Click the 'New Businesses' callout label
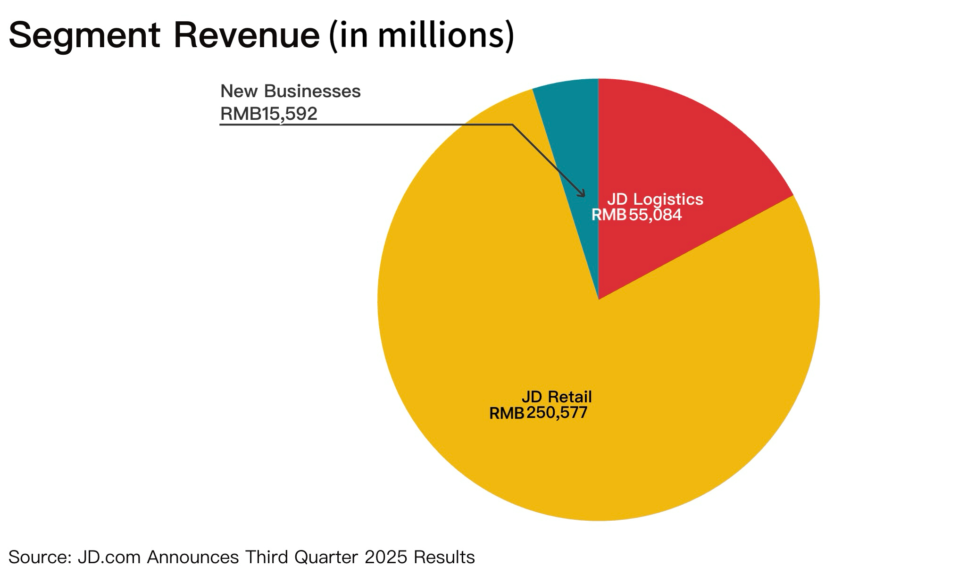(291, 91)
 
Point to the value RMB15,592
(269, 114)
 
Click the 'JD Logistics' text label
(655, 199)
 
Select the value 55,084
(655, 215)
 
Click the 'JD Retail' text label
(557, 397)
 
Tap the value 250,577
(557, 413)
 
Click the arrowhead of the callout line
(583, 194)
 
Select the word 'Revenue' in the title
(247, 36)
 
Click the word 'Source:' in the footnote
(40, 557)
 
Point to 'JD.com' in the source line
(109, 557)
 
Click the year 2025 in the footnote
(386, 557)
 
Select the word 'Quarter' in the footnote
(326, 557)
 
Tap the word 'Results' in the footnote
(444, 557)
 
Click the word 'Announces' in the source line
(193, 557)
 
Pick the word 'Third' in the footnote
(267, 557)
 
